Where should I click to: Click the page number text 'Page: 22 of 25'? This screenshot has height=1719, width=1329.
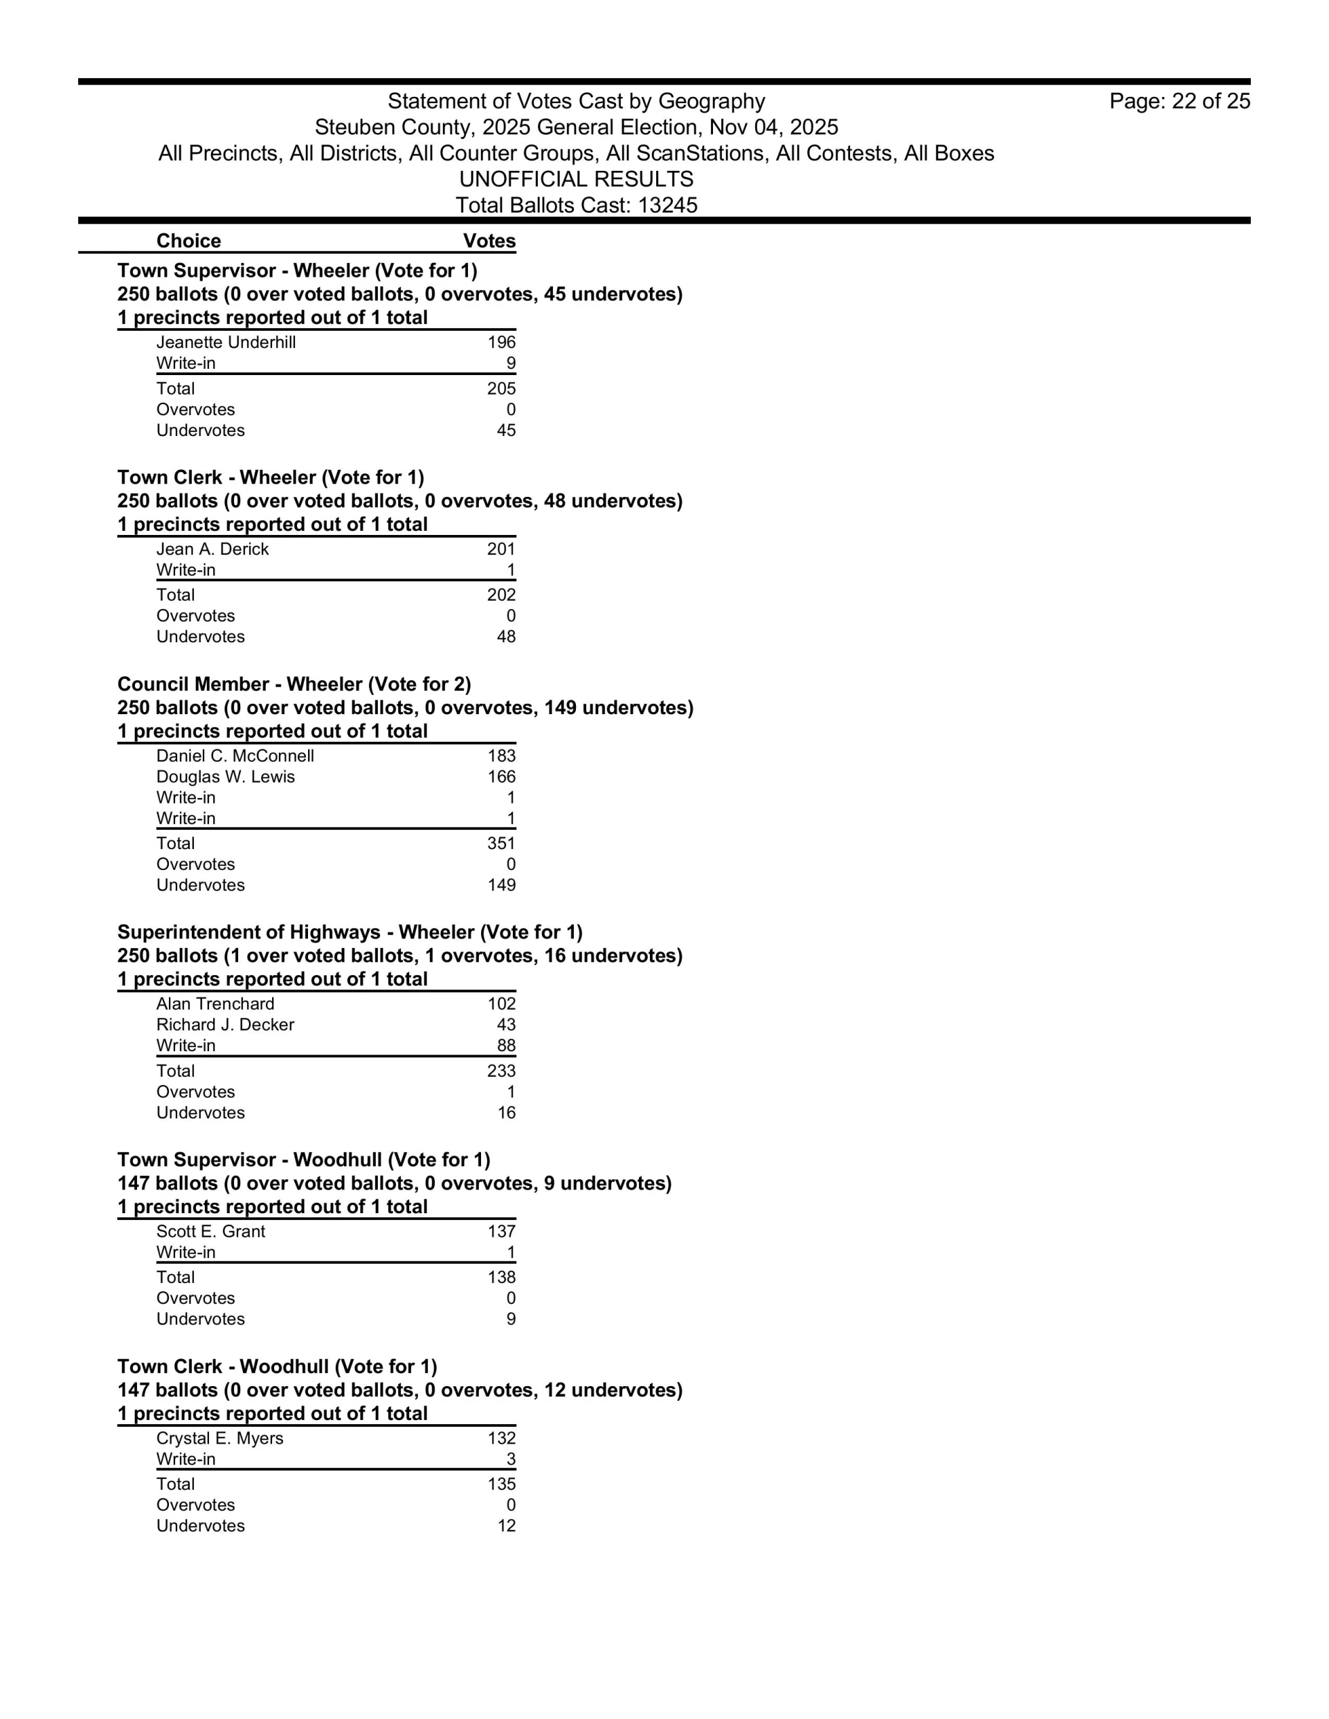[1179, 102]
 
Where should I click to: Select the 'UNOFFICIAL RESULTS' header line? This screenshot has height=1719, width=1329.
[577, 179]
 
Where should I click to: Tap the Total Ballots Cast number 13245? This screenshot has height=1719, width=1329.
[668, 206]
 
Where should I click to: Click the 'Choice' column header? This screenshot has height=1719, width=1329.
[188, 241]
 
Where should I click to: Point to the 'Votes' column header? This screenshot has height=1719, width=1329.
[489, 241]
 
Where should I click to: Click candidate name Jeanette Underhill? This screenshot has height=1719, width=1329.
[226, 343]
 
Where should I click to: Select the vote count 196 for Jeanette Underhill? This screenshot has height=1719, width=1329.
[502, 343]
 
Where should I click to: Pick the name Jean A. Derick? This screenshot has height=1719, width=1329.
[213, 549]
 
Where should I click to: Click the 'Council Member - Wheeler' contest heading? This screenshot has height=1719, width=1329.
[293, 684]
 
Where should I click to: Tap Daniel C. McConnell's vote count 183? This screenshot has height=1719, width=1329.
[502, 756]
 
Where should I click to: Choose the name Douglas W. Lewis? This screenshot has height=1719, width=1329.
[225, 777]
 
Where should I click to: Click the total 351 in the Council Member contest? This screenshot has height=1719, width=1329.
[502, 844]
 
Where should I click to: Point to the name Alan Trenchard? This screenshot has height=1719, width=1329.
[215, 1004]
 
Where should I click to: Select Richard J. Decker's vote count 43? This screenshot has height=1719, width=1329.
[506, 1025]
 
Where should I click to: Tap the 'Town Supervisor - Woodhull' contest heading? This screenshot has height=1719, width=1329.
[303, 1160]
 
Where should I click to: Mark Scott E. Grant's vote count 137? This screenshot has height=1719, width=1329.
[502, 1232]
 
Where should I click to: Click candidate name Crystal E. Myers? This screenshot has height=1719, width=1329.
[219, 1438]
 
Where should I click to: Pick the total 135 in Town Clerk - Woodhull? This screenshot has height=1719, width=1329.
[502, 1484]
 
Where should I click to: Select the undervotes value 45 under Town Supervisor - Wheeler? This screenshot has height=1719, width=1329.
[506, 430]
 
